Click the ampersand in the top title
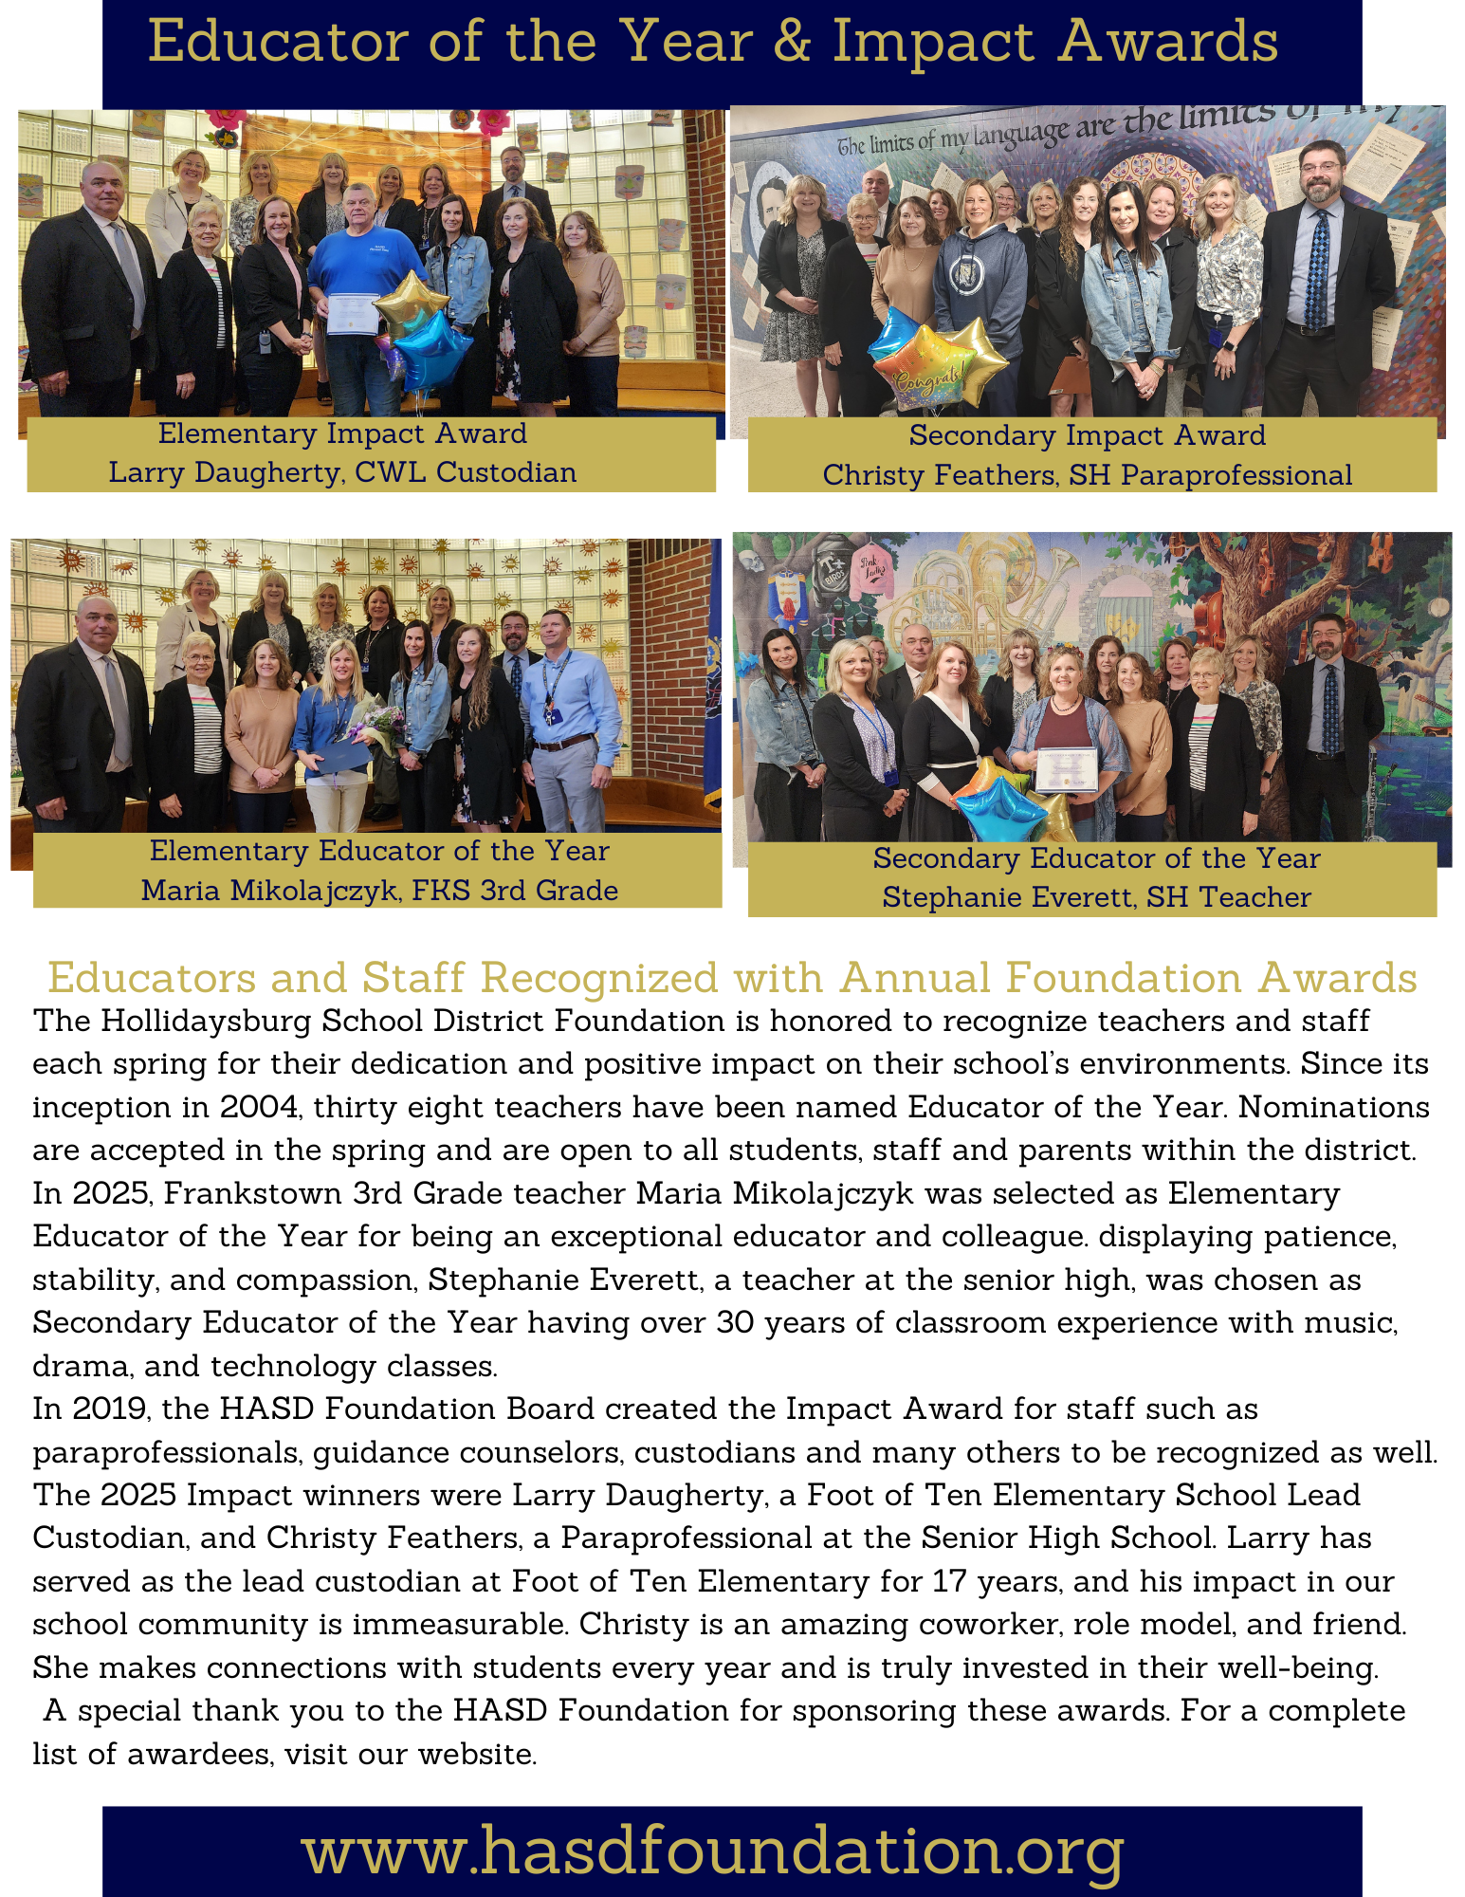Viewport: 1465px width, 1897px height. [x=792, y=43]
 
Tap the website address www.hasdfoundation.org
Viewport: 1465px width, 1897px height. [x=713, y=1851]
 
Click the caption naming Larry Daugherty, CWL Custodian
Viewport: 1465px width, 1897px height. [x=342, y=472]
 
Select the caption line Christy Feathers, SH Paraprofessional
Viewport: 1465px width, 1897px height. [x=1087, y=475]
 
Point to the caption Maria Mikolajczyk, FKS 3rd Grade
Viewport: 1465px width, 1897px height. [x=379, y=891]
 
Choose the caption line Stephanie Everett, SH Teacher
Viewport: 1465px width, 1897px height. [x=1096, y=897]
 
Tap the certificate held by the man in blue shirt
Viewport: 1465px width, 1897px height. [x=353, y=314]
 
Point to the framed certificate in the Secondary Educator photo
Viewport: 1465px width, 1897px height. [x=1066, y=769]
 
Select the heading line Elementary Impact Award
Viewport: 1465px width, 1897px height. [x=342, y=433]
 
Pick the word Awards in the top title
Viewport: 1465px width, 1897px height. [x=1168, y=43]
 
